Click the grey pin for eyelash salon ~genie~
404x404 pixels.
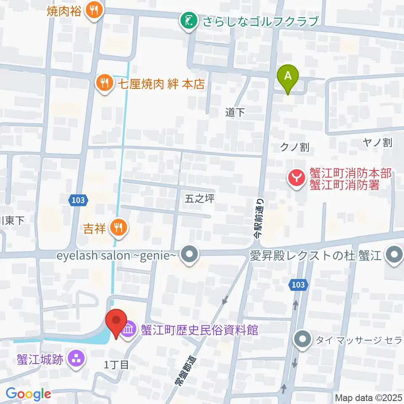coord(189,255)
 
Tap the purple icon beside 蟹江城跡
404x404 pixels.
coord(77,359)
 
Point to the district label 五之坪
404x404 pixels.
coord(199,199)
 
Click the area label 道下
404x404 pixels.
coord(235,112)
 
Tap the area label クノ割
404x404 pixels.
coord(295,147)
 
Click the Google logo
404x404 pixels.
coord(28,394)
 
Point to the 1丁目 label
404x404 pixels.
coord(116,365)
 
